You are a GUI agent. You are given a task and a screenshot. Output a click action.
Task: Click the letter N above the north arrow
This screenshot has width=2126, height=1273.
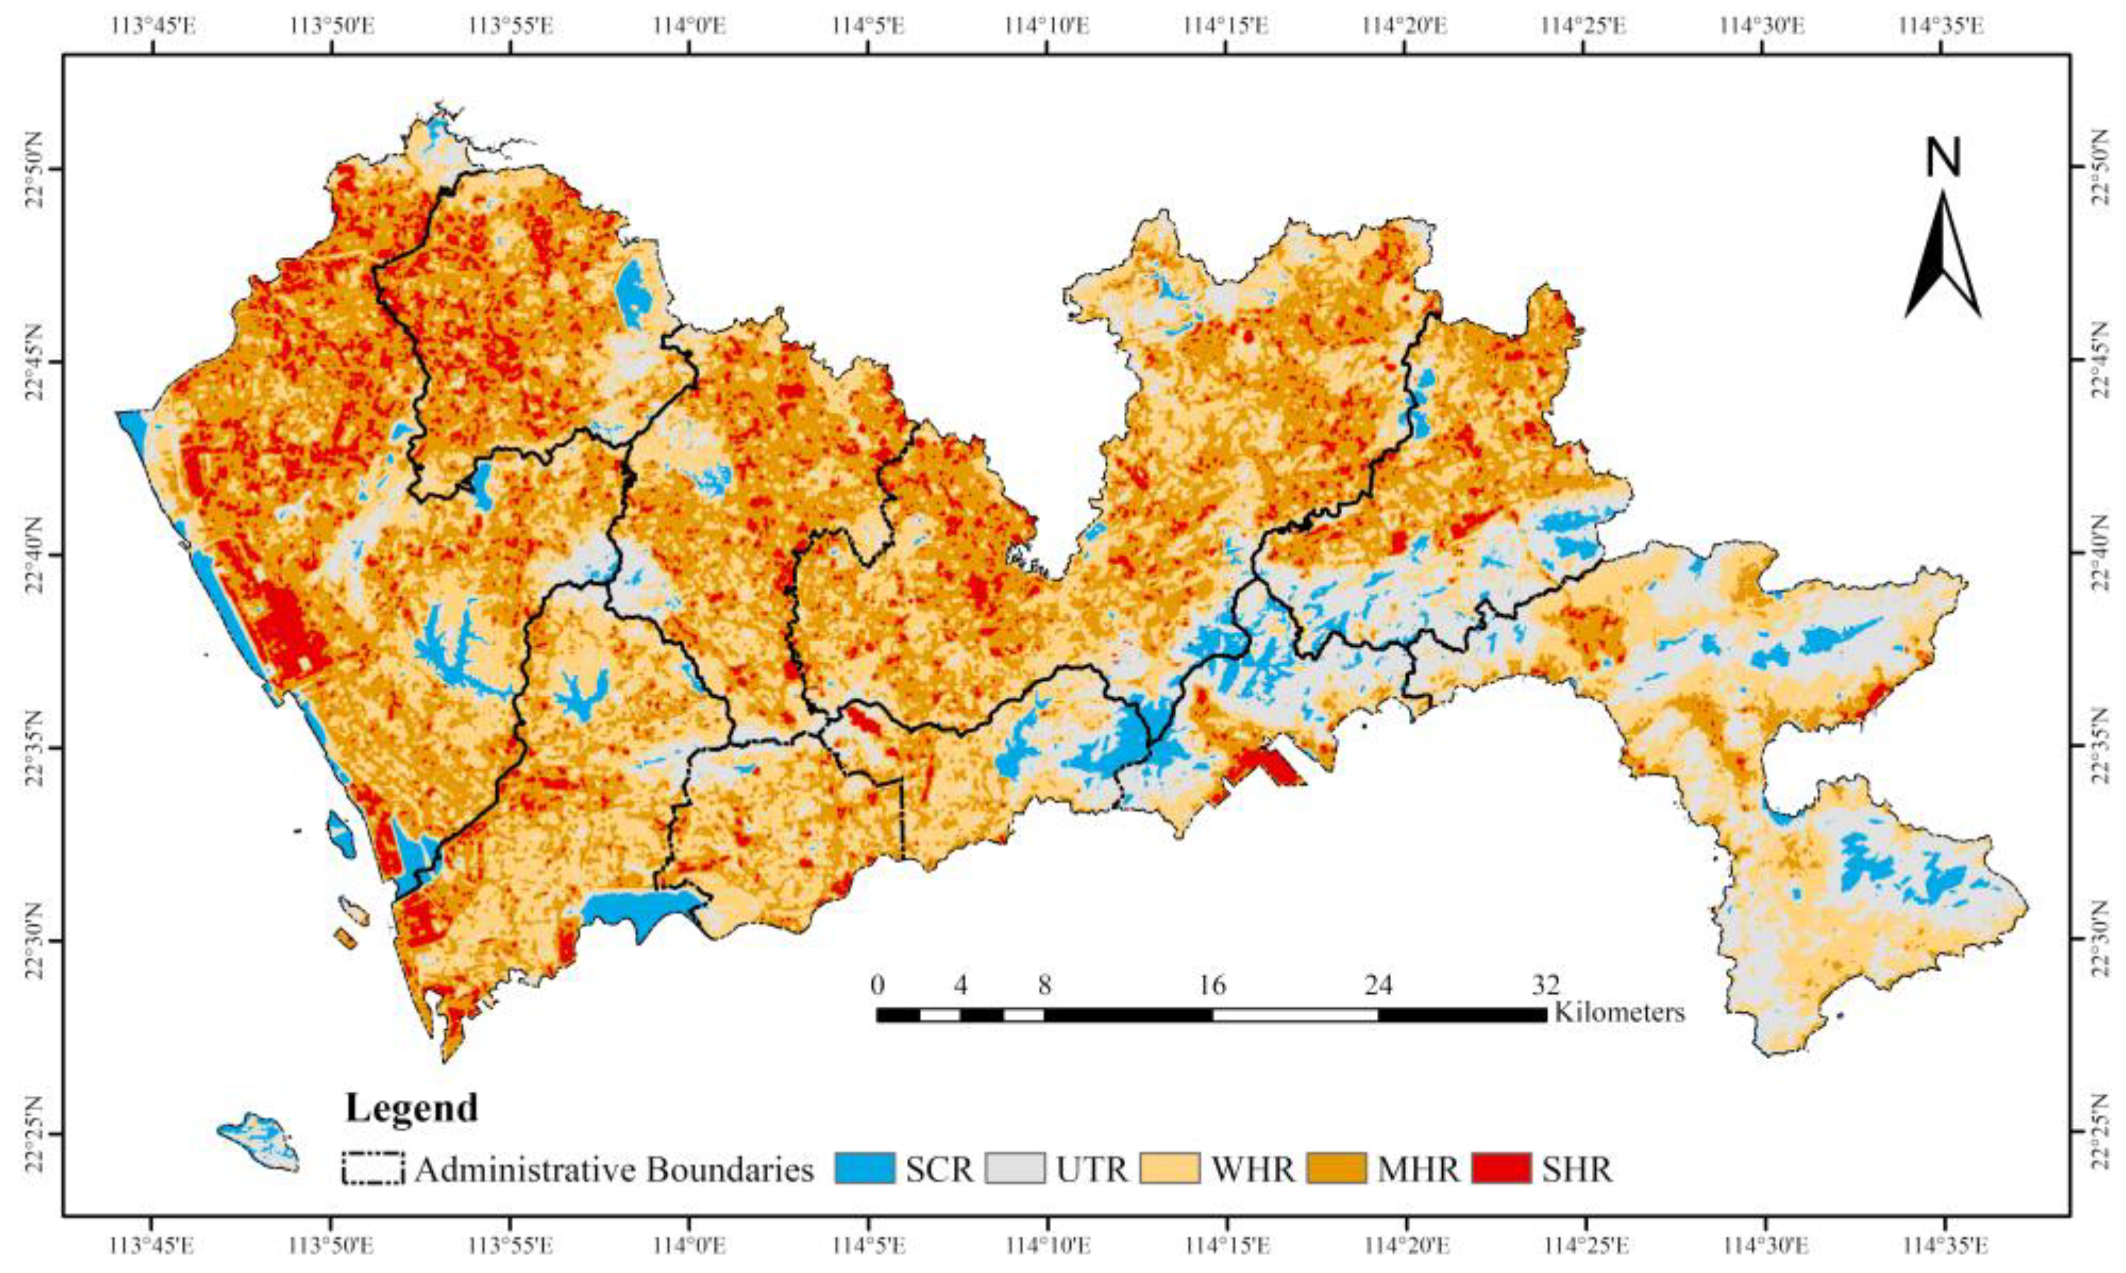(x=1943, y=159)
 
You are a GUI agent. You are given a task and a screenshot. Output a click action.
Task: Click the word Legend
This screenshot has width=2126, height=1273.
(x=411, y=1109)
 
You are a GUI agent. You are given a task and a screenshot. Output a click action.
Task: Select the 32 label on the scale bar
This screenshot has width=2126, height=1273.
(x=1546, y=984)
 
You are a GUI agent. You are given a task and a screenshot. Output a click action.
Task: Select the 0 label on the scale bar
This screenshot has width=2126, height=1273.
(x=877, y=984)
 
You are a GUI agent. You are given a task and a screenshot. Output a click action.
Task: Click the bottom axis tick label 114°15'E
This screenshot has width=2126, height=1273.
(x=1226, y=1245)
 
